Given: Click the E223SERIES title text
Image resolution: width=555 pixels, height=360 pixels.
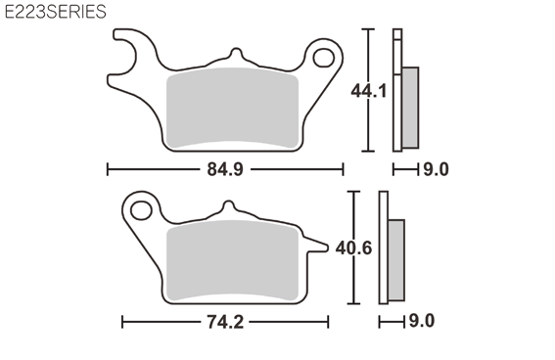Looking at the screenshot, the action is (56, 12).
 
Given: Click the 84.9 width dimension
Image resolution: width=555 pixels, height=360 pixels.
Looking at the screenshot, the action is (225, 169).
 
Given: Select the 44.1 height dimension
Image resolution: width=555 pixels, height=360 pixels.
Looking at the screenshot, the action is (369, 91).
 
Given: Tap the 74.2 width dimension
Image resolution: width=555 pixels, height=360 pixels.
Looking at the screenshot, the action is (225, 322).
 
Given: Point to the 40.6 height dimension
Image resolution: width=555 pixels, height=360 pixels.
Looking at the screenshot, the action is (353, 247).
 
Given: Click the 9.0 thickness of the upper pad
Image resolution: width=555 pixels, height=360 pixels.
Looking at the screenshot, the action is (437, 169).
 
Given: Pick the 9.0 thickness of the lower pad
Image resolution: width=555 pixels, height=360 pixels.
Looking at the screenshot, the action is (422, 321).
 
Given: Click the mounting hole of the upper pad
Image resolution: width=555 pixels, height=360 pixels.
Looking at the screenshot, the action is (324, 58).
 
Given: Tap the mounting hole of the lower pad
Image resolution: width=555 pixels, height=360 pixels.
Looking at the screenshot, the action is (141, 210).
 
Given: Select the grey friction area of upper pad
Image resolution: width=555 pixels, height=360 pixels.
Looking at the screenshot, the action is (232, 108).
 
